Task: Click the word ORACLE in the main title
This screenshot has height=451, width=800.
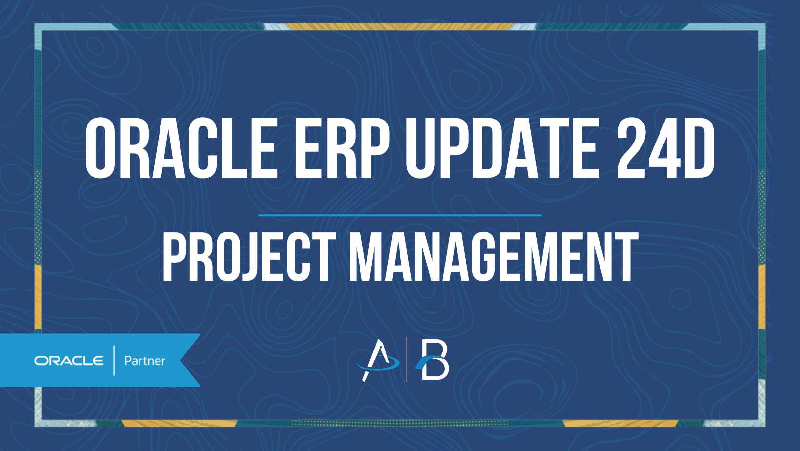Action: (181, 148)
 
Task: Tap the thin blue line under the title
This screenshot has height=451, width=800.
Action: (400, 215)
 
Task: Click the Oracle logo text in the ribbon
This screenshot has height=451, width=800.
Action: (69, 361)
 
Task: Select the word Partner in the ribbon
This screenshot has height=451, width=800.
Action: (145, 361)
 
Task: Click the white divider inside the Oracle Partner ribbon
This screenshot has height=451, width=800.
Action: (114, 361)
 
